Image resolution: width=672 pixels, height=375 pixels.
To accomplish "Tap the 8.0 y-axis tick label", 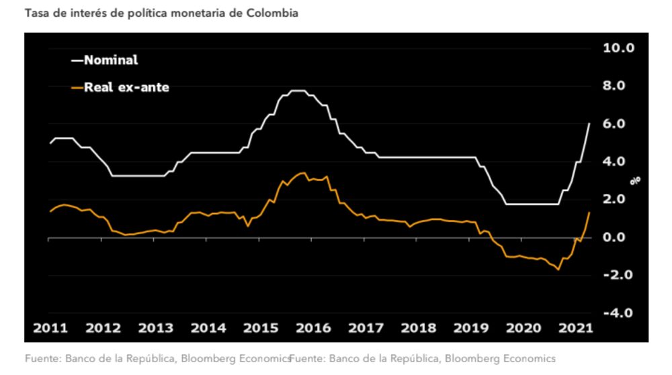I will coord(620,86).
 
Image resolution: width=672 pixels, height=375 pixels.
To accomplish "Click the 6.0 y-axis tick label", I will coord(620,124).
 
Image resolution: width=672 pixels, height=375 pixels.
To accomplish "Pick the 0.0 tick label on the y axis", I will coord(620,237).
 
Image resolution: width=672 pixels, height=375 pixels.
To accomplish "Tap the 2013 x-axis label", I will coord(155,328).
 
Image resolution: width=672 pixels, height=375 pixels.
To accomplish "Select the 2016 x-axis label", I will coord(314,328).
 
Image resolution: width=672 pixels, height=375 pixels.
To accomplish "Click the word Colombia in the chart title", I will coord(274,13).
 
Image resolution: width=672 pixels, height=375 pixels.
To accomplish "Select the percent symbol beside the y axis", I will coord(634,180).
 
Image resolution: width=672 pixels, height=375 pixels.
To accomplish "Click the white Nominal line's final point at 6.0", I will coord(589,123).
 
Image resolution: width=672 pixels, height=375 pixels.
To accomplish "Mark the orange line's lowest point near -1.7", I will coord(558,270).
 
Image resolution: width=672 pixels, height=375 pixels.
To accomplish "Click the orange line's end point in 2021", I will coord(589,213).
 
